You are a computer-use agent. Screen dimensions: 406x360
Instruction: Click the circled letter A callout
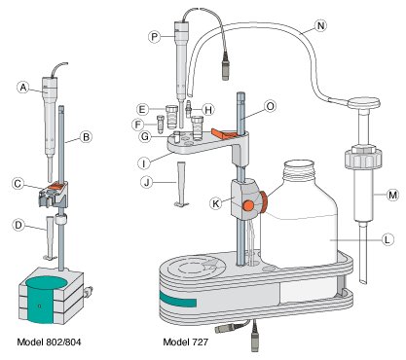click(x=23, y=88)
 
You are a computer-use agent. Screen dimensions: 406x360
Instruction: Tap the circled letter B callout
click(x=86, y=137)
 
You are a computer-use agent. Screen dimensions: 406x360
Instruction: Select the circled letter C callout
click(x=18, y=184)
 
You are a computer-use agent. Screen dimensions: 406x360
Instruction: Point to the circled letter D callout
click(x=18, y=225)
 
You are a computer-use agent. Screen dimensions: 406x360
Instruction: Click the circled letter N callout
click(x=320, y=25)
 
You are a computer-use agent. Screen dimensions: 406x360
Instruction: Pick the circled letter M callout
click(x=392, y=195)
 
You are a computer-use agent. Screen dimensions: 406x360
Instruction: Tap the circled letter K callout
click(x=215, y=203)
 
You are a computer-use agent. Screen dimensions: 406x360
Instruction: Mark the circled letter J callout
click(x=147, y=182)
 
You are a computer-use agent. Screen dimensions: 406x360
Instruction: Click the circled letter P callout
click(x=155, y=37)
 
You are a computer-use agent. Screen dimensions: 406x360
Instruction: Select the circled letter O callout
click(x=270, y=106)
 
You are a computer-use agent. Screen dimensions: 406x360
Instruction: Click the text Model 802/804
click(x=49, y=342)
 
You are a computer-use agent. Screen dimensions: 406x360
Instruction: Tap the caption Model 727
click(x=185, y=342)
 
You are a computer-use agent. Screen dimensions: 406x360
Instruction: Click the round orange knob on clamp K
click(x=248, y=205)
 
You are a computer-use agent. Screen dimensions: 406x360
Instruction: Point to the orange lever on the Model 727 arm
click(x=223, y=133)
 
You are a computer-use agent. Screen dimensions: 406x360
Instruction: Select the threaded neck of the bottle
click(x=299, y=169)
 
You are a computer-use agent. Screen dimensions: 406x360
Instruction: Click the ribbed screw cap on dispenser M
click(x=363, y=158)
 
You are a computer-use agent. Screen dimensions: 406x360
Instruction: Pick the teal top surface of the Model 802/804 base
click(x=47, y=282)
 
